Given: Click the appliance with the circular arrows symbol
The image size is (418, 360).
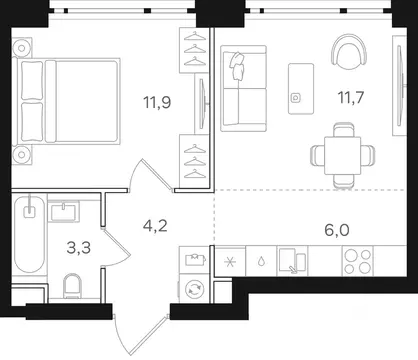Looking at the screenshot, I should (194, 290).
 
